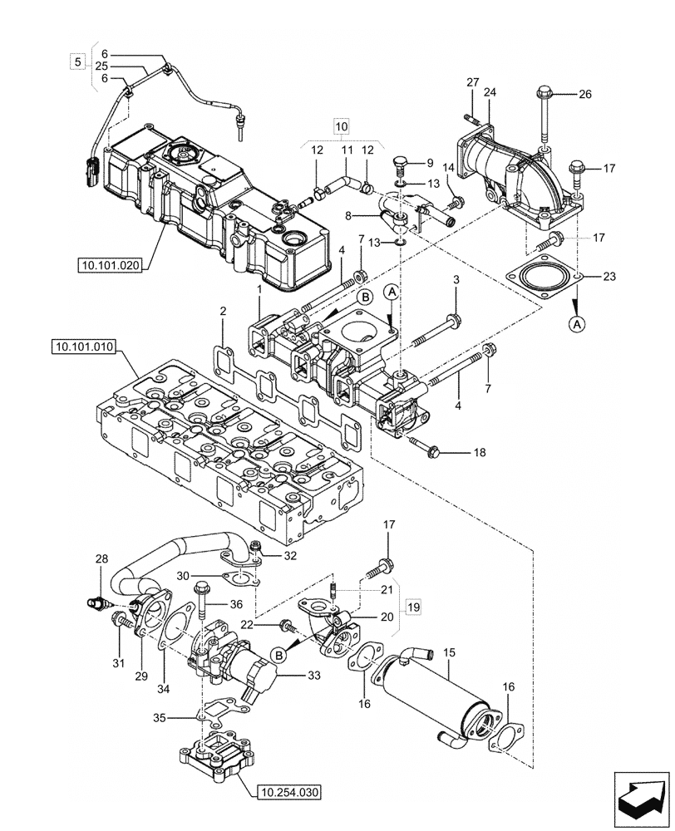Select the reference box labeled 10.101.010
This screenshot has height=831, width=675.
click(86, 346)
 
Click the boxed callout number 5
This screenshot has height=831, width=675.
click(77, 61)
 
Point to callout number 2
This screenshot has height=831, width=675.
click(223, 312)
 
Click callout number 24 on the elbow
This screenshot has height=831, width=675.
click(489, 93)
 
